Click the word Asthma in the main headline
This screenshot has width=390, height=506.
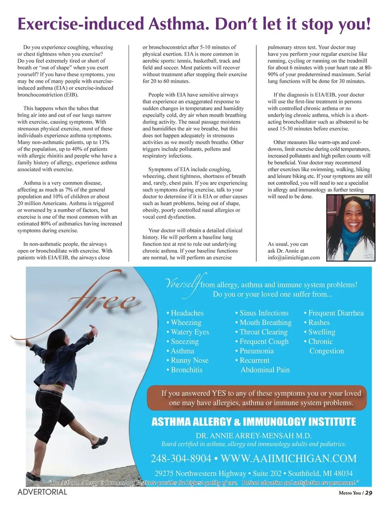(x=178, y=24)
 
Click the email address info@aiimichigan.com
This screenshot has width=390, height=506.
(x=294, y=258)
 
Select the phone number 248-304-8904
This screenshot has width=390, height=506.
(x=181, y=459)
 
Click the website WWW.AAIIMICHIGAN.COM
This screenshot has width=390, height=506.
(x=288, y=459)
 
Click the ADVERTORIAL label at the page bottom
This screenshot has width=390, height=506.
(x=42, y=492)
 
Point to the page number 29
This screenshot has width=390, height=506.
(x=368, y=493)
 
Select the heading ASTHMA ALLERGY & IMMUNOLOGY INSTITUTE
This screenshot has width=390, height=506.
(x=253, y=422)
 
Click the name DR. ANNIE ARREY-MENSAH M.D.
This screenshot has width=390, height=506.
(x=253, y=435)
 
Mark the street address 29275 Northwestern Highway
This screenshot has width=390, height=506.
(x=200, y=473)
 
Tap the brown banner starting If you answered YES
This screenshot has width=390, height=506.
(x=257, y=398)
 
